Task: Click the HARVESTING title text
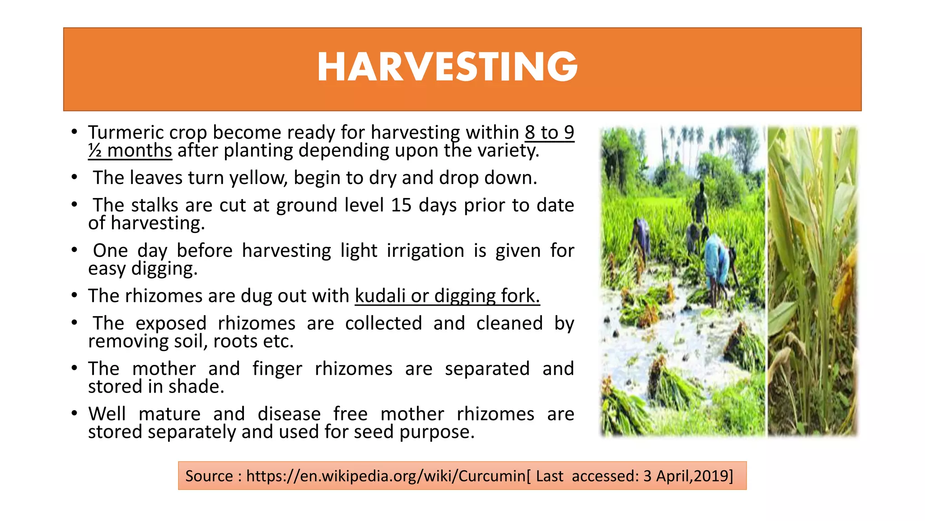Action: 447,68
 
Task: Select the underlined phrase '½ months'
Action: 130,151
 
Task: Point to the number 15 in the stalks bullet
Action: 402,205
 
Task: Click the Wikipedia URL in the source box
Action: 386,476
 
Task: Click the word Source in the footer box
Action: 209,476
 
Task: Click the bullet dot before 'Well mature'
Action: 75,413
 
